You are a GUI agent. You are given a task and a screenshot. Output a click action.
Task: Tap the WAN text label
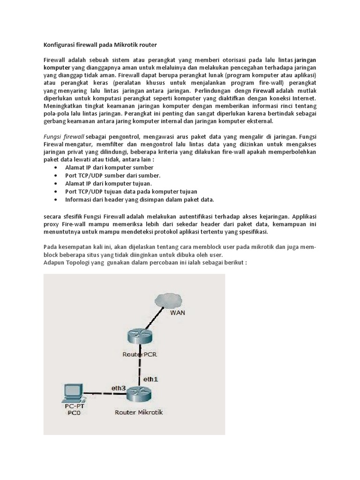pos(177,313)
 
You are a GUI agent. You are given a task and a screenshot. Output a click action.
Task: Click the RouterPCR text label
pos(139,354)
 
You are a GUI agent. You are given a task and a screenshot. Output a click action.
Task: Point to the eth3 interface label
pos(119,388)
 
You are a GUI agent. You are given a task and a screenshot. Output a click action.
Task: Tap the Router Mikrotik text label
pos(139,412)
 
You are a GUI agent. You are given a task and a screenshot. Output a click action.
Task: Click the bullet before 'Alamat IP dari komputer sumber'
pos(56,167)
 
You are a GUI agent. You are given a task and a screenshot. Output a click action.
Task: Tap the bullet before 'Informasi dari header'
pos(56,199)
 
